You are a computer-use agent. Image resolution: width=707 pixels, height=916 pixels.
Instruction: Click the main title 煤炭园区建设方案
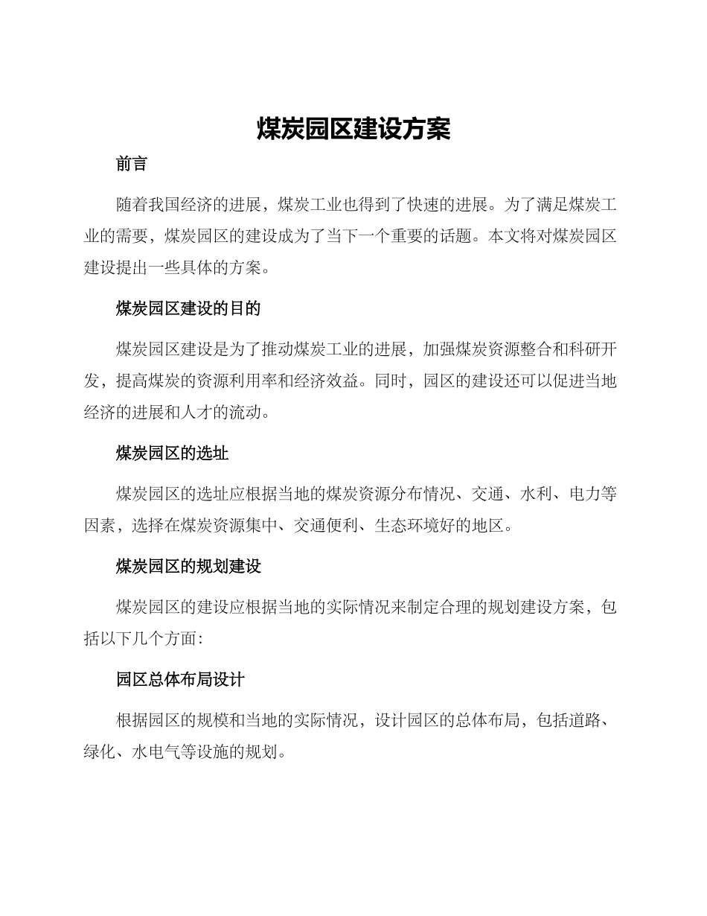tap(353, 129)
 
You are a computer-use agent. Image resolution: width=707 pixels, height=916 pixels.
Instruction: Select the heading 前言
tap(132, 165)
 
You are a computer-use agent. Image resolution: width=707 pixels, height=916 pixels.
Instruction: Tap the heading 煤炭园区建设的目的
tap(188, 308)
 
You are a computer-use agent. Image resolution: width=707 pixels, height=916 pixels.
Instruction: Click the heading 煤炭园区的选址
tap(172, 453)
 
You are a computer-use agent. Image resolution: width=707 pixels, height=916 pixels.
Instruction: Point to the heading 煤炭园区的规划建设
tap(188, 567)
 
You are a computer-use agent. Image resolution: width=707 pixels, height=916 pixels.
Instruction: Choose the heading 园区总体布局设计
tap(180, 679)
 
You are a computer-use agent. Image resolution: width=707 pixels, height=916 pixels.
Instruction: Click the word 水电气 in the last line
tap(156, 752)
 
